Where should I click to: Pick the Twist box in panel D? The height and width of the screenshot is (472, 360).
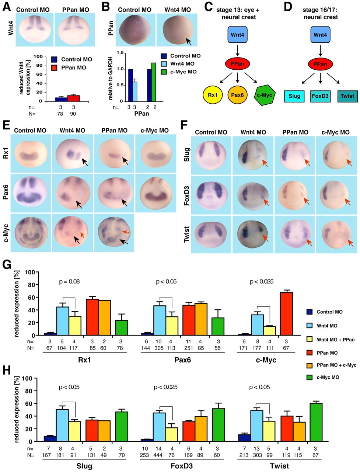pyautogui.click(x=347, y=96)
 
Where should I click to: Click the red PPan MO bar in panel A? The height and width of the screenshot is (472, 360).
pyautogui.click(x=73, y=98)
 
